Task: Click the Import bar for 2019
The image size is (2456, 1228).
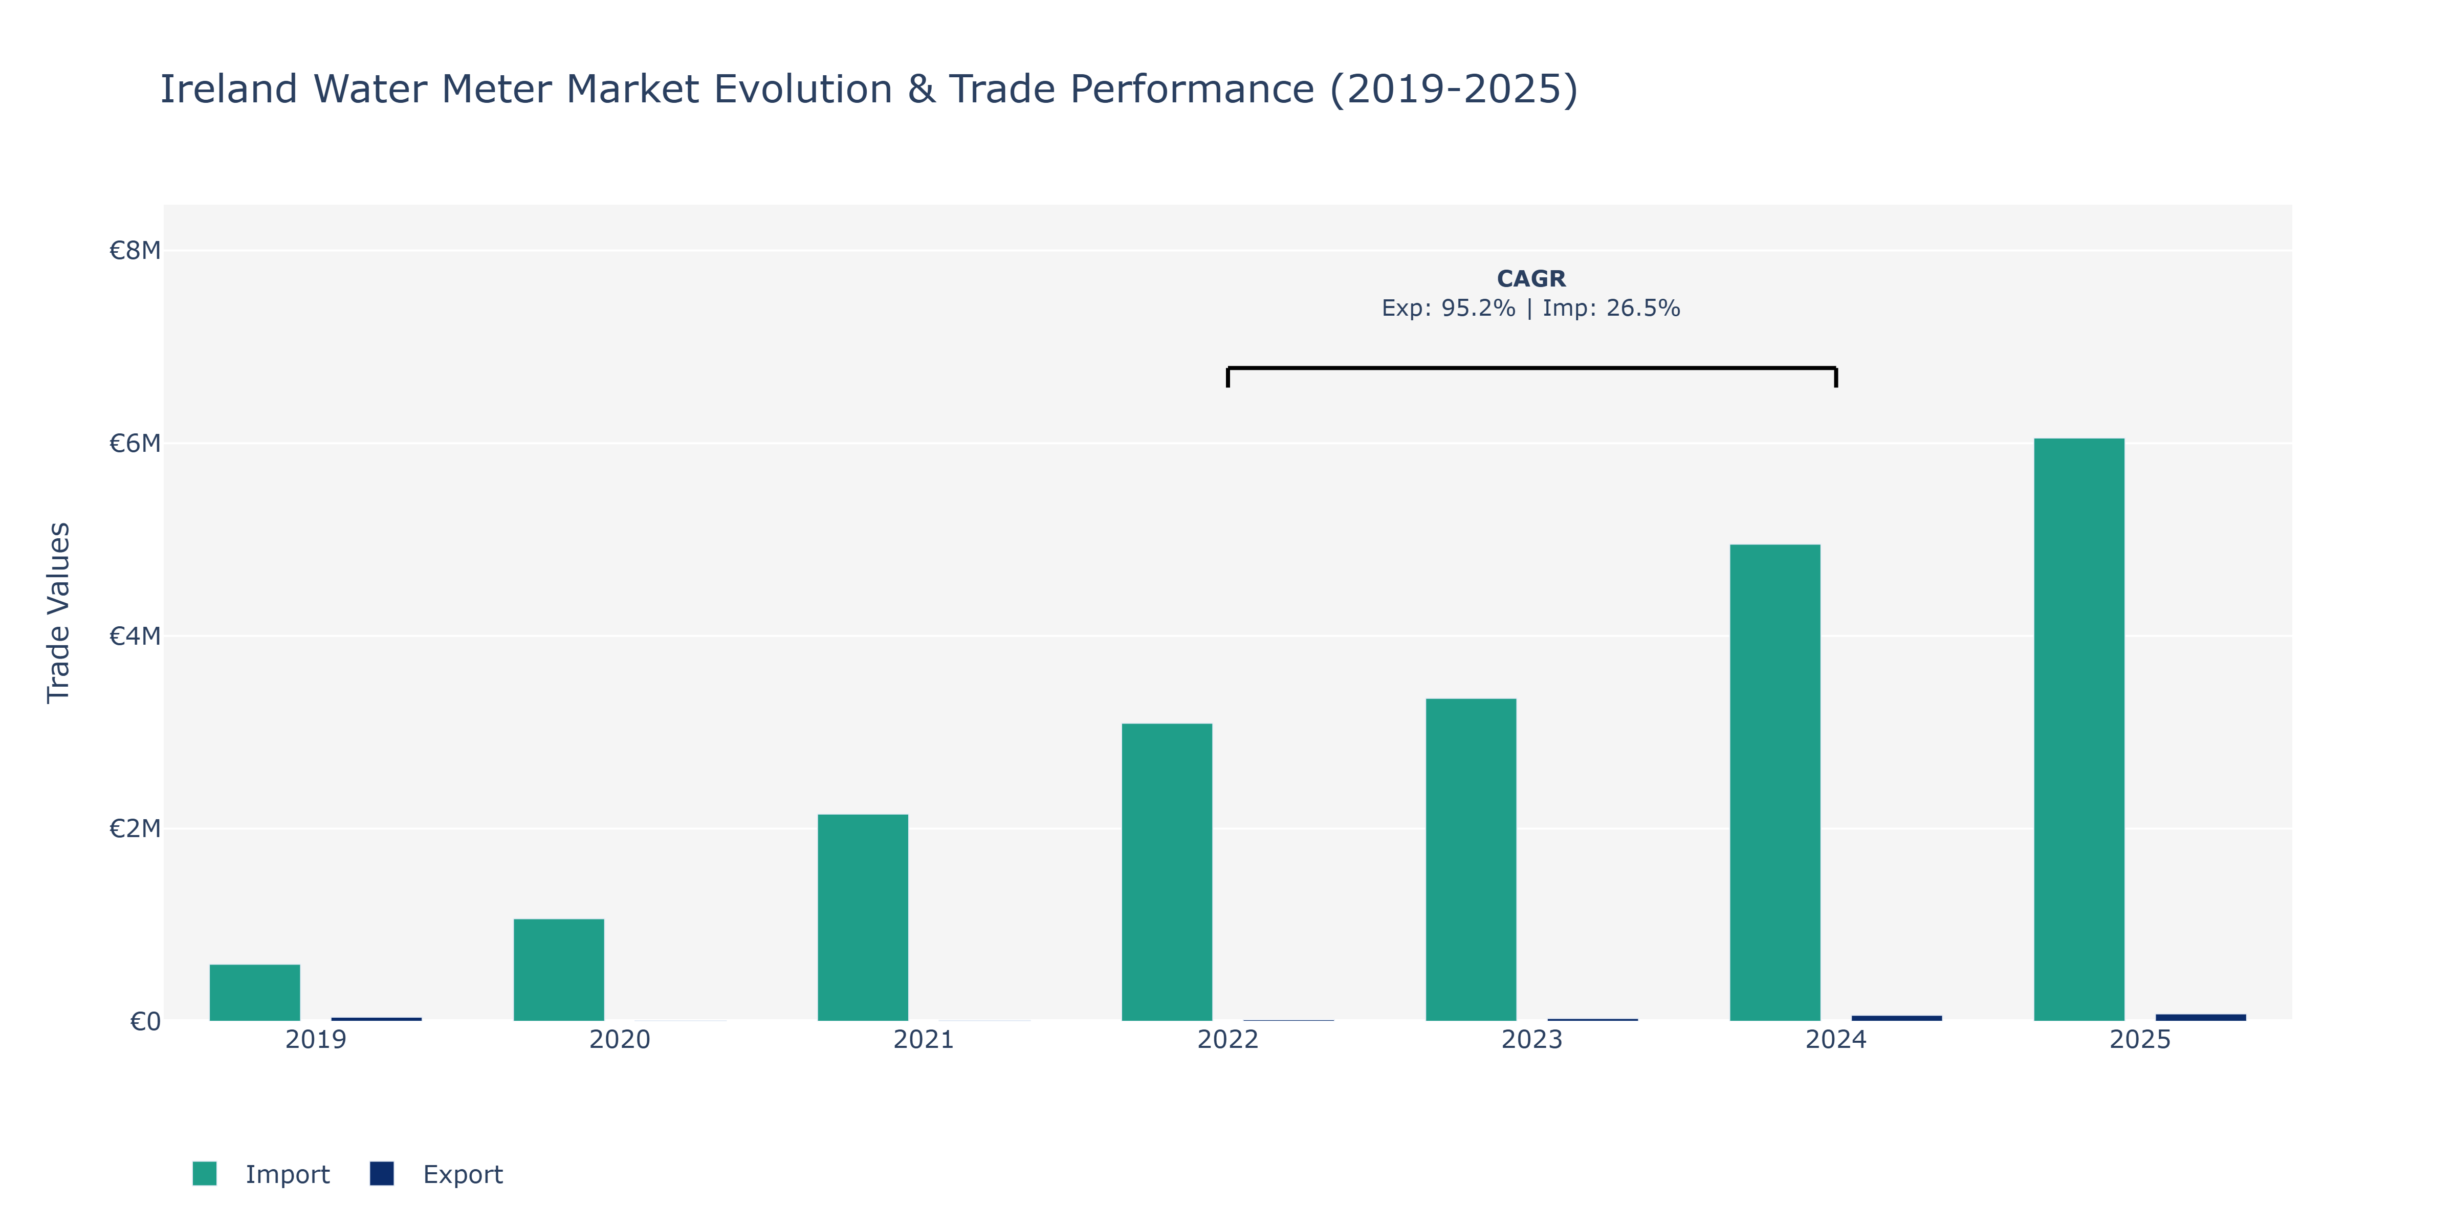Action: (x=255, y=993)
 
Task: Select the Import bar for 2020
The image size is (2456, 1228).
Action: (x=559, y=970)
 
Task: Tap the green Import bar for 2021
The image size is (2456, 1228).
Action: (x=863, y=917)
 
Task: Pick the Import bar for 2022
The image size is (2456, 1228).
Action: (x=1167, y=872)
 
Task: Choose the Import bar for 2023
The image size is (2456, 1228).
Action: (x=1471, y=860)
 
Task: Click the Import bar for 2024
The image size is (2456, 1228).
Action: (x=1775, y=783)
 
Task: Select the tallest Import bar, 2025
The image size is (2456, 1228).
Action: (x=2079, y=729)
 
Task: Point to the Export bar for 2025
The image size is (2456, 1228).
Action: (x=2201, y=1017)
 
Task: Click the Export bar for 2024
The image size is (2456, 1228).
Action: (x=1896, y=1018)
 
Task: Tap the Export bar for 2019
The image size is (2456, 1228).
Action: (x=377, y=1019)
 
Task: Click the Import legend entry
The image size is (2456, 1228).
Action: (x=261, y=1174)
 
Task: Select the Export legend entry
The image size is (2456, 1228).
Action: (x=436, y=1174)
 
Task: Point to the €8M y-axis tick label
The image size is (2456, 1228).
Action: (x=135, y=251)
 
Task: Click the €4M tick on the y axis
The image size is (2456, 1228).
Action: (x=135, y=636)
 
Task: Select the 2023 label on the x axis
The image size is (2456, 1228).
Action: (x=1532, y=1039)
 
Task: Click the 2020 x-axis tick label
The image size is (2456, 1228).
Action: (x=620, y=1039)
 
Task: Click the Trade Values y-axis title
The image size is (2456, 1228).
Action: (x=58, y=613)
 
